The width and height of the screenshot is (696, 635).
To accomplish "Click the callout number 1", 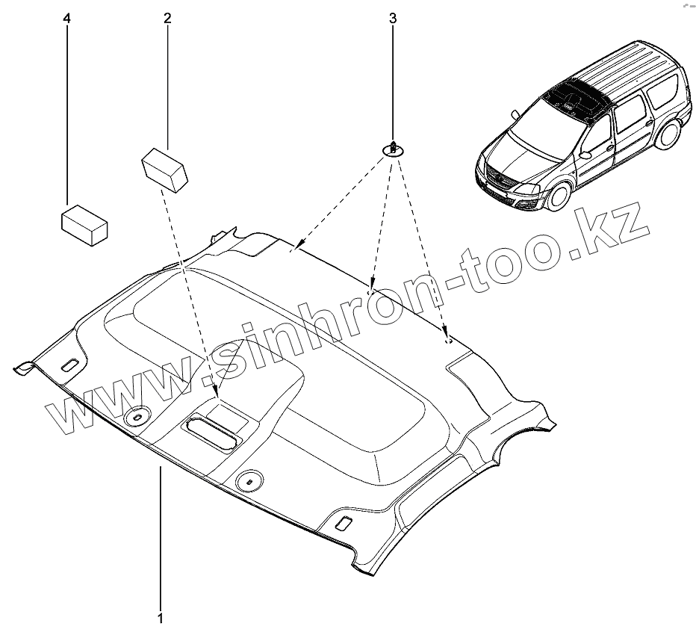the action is (x=160, y=619).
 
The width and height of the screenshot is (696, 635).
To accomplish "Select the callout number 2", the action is (x=167, y=18).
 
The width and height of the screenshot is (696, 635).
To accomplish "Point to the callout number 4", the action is (x=68, y=18).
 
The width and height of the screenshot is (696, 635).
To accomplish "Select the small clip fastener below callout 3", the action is (x=393, y=148).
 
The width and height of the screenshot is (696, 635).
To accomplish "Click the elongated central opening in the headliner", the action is (x=211, y=431).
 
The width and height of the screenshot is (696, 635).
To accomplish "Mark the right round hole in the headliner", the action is (x=247, y=480).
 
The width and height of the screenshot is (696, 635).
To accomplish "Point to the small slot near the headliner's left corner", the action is (x=69, y=365).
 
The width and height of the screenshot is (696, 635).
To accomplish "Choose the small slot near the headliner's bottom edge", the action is (x=344, y=521).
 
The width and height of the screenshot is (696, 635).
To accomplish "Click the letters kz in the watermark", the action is (x=617, y=223).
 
